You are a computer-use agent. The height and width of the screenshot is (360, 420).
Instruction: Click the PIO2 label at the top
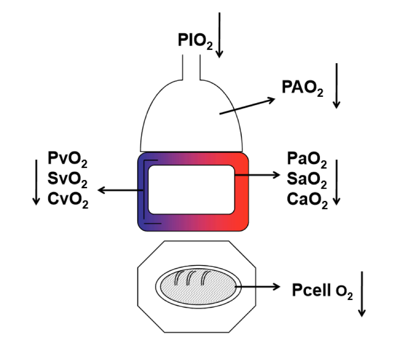(195, 41)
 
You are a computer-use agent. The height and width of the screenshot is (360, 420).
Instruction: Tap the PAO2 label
(302, 88)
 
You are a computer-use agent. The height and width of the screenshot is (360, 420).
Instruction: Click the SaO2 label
(307, 181)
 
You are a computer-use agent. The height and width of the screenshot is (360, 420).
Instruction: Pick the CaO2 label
(307, 201)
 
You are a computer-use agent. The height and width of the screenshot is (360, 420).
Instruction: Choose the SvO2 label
(68, 181)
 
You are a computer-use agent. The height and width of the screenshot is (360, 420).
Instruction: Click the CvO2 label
(68, 201)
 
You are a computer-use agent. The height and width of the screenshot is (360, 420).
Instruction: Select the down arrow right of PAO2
(336, 85)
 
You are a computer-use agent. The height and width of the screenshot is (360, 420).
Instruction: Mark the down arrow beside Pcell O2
(362, 294)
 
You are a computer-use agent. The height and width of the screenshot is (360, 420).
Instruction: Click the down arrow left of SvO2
(36, 182)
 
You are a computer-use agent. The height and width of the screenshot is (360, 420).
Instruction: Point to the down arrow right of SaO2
(336, 182)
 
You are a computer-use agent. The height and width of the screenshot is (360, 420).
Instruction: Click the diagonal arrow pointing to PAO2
(248, 106)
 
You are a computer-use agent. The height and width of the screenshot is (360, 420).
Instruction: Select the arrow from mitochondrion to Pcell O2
(257, 287)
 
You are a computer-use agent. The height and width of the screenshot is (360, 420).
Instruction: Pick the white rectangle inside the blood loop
(191, 190)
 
